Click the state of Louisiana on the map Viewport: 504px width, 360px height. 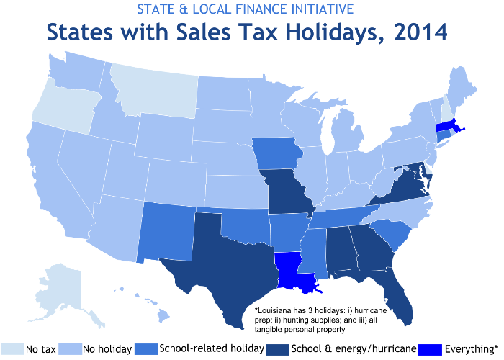(x=291, y=270)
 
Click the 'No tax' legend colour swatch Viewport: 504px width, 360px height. (x=12, y=349)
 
